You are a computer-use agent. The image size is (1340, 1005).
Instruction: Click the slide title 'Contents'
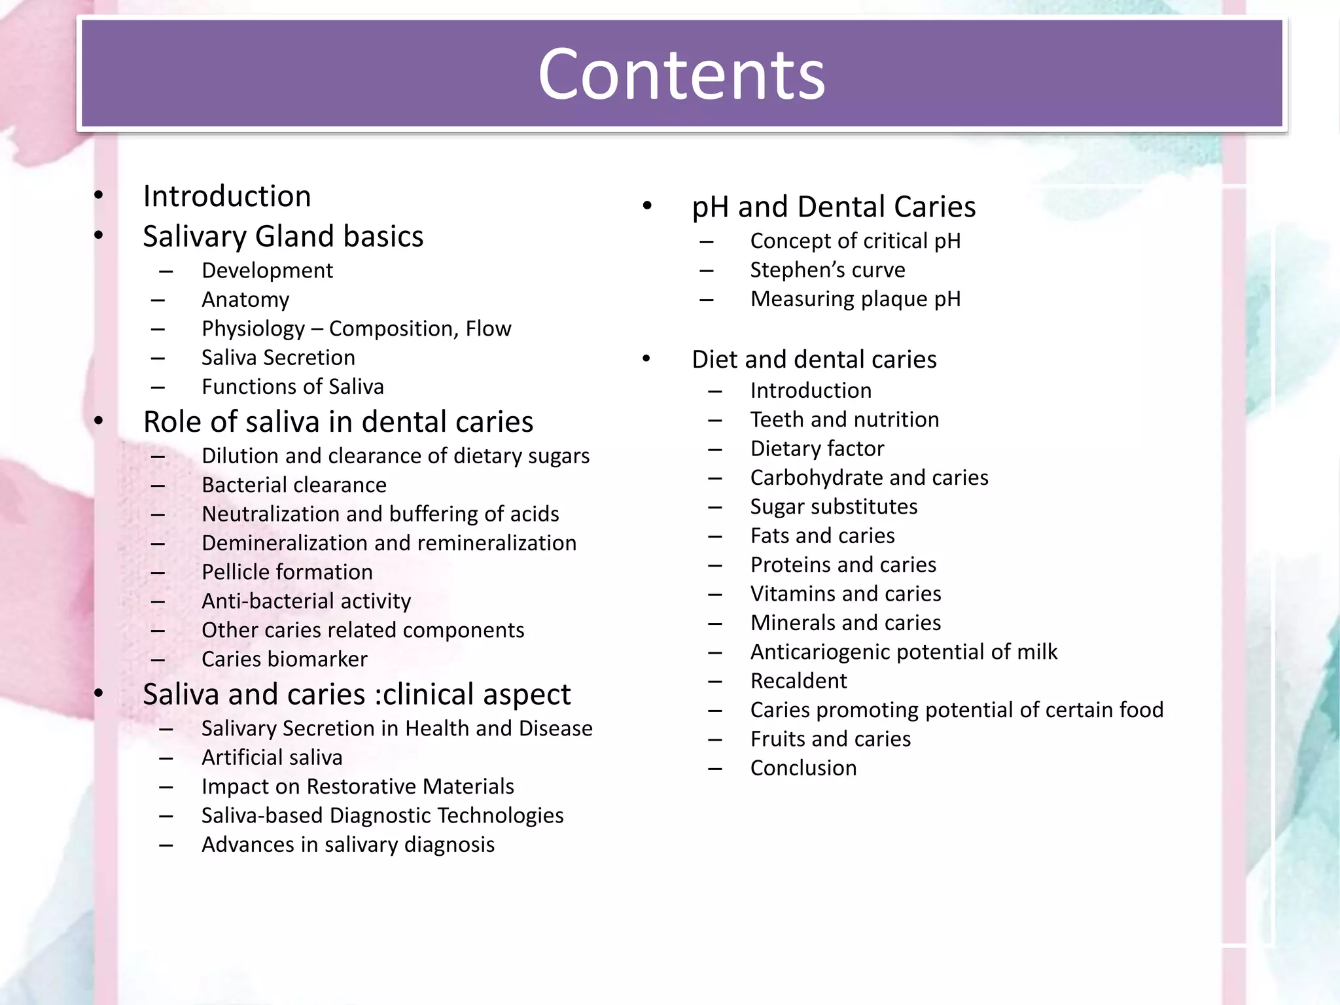pos(681,75)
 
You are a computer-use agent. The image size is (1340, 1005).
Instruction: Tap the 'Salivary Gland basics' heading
pos(283,236)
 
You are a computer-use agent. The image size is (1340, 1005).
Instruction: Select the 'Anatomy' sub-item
pos(245,300)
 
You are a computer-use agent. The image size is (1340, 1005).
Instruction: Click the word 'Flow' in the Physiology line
pos(488,328)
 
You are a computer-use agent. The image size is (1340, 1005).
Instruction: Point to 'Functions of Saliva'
pos(292,387)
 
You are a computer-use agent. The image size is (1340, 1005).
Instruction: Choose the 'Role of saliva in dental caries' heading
pos(338,422)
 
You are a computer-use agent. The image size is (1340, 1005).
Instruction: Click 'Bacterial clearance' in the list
pos(294,485)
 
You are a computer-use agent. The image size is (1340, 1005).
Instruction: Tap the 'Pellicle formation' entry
pos(287,572)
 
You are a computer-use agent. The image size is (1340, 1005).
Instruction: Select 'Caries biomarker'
pos(284,659)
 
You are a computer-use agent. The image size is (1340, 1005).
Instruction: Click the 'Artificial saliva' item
pos(272,757)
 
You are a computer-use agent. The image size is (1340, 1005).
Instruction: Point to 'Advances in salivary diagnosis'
pos(347,845)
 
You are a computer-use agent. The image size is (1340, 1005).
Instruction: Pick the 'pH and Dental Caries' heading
pos(833,207)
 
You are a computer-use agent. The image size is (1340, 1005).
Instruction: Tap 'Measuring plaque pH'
pos(855,299)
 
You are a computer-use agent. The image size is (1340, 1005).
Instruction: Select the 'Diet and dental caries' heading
pos(813,359)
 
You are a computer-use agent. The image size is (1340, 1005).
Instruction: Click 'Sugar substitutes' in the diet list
pos(834,506)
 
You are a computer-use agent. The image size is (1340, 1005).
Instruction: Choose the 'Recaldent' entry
pos(798,681)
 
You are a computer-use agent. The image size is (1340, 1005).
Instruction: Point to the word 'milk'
pos(1036,652)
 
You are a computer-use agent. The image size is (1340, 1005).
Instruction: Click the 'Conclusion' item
pos(803,768)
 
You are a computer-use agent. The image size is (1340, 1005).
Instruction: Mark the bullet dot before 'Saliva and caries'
pos(99,693)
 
